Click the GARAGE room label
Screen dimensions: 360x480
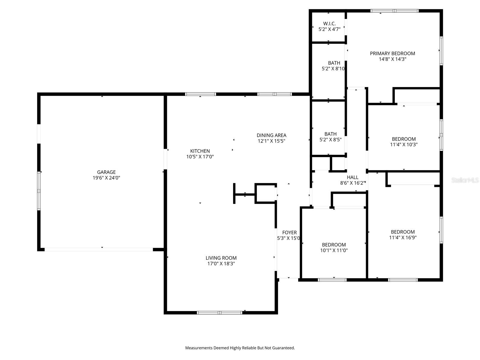coord(106,172)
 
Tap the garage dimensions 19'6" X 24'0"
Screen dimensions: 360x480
coord(106,178)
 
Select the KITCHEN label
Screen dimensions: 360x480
coord(200,151)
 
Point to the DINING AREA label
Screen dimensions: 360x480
coord(271,135)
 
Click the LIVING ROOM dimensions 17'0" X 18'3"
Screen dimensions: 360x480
coord(221,264)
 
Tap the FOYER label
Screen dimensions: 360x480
coord(289,232)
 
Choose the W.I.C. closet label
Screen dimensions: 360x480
coord(329,23)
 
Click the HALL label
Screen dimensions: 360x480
coord(352,177)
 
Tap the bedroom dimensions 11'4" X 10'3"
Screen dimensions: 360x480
coord(403,145)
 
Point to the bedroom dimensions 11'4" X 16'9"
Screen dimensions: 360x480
coord(403,238)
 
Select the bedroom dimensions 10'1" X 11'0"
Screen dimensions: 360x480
coord(334,250)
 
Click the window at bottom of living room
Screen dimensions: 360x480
coord(219,313)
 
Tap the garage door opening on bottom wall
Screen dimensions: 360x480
coord(99,249)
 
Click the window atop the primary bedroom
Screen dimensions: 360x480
coord(394,11)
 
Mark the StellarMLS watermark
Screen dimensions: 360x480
coord(465,180)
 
